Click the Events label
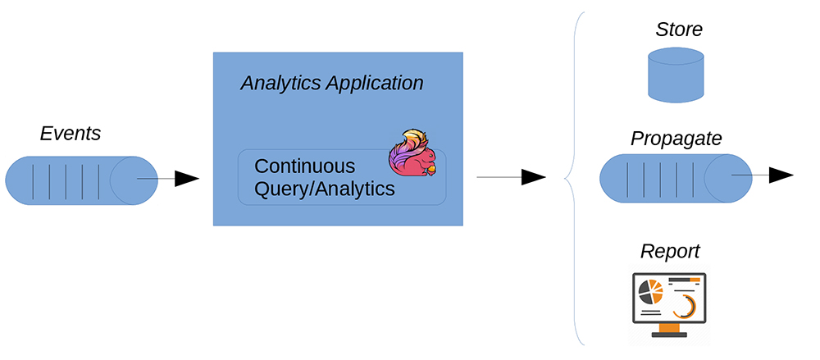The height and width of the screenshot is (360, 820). coord(70,134)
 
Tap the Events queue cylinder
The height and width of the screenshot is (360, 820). coord(82,180)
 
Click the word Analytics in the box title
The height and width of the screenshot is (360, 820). coord(280,83)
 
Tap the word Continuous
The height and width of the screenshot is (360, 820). coord(304,166)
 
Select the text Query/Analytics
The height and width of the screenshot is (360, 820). coord(325,189)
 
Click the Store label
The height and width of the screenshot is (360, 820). coord(679,30)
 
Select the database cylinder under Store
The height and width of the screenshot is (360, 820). coord(676,75)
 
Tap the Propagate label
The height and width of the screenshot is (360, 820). coord(676,139)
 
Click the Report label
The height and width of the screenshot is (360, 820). coord(670,250)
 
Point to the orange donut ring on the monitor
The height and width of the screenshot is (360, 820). coord(684,306)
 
